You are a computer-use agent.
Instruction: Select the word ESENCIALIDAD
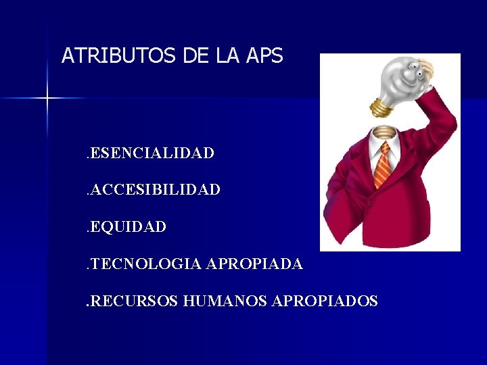click(152, 153)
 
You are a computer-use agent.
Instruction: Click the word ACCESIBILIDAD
click(155, 191)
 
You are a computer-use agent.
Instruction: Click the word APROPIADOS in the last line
click(324, 301)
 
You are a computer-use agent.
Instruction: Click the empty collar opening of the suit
click(382, 132)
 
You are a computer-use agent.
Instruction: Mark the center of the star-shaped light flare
click(47, 99)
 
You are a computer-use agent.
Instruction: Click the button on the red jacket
click(370, 202)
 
